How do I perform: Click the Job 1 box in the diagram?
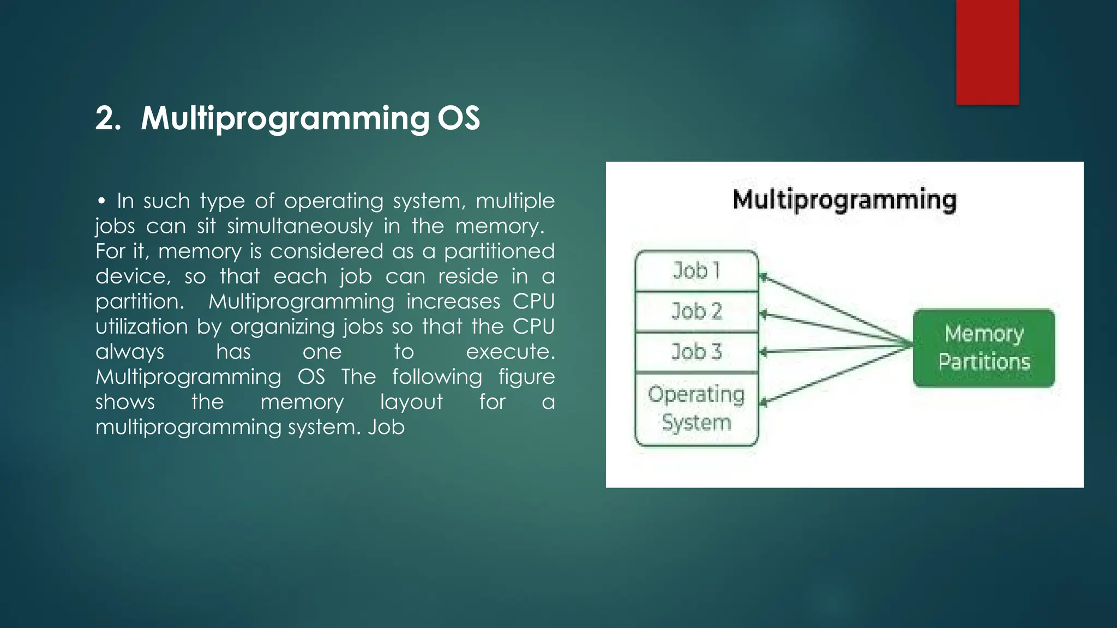696,270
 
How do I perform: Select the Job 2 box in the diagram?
696,311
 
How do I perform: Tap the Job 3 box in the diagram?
696,352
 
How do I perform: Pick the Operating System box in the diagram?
696,409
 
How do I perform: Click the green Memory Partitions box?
984,348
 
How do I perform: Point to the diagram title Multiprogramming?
844,200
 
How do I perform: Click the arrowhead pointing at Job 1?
764,277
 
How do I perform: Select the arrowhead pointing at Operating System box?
764,403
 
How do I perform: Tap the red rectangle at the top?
987,52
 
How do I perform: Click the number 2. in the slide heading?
108,118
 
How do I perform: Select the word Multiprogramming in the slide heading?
285,118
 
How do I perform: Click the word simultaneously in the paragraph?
299,226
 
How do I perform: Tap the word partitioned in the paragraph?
499,251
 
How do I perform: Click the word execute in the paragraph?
510,352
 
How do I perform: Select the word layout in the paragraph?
411,402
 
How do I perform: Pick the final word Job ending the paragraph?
386,427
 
